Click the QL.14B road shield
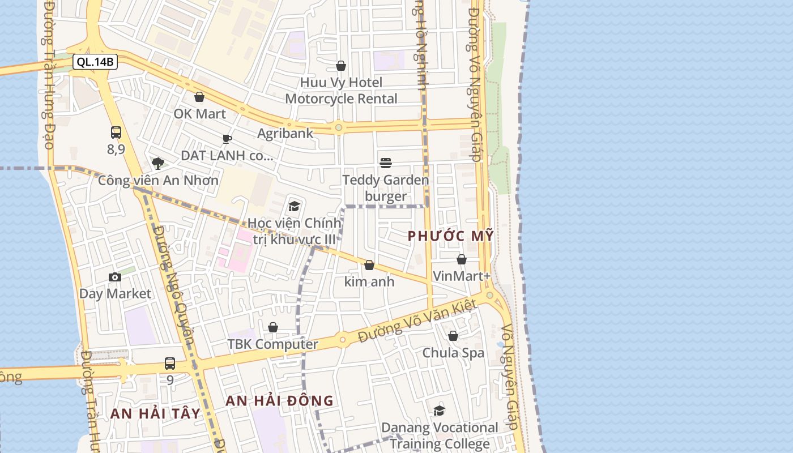coord(95,62)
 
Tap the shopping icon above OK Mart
coord(199,97)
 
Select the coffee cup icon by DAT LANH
coord(227,139)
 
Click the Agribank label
coord(285,134)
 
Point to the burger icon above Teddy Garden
coord(386,163)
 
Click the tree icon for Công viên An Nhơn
coord(158,164)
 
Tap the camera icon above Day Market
coord(115,277)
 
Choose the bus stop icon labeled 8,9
coord(116,133)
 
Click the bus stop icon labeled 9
coord(170,364)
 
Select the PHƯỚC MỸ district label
coord(451,236)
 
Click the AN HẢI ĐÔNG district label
coord(280,401)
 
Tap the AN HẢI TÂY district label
coord(156,413)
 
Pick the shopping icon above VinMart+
coord(462,259)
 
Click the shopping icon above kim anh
coord(369,265)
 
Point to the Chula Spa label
coord(453,353)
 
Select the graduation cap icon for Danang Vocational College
coord(439,411)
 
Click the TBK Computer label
coord(272,344)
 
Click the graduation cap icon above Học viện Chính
coord(294,206)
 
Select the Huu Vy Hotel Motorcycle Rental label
coord(341,91)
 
